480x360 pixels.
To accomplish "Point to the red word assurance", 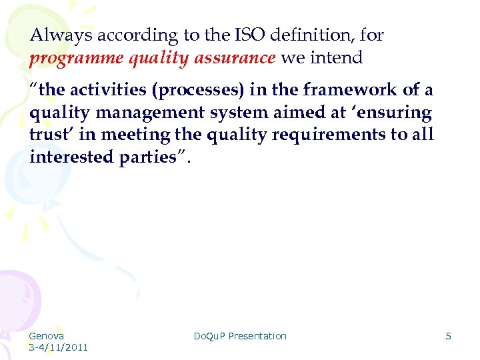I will tap(236, 58).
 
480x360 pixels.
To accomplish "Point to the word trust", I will tap(50, 134).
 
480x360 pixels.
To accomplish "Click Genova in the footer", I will tap(47, 336).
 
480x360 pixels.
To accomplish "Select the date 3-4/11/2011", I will tap(58, 347).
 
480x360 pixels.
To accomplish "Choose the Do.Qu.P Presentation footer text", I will tap(239, 336).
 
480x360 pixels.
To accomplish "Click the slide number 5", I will tap(448, 336).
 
